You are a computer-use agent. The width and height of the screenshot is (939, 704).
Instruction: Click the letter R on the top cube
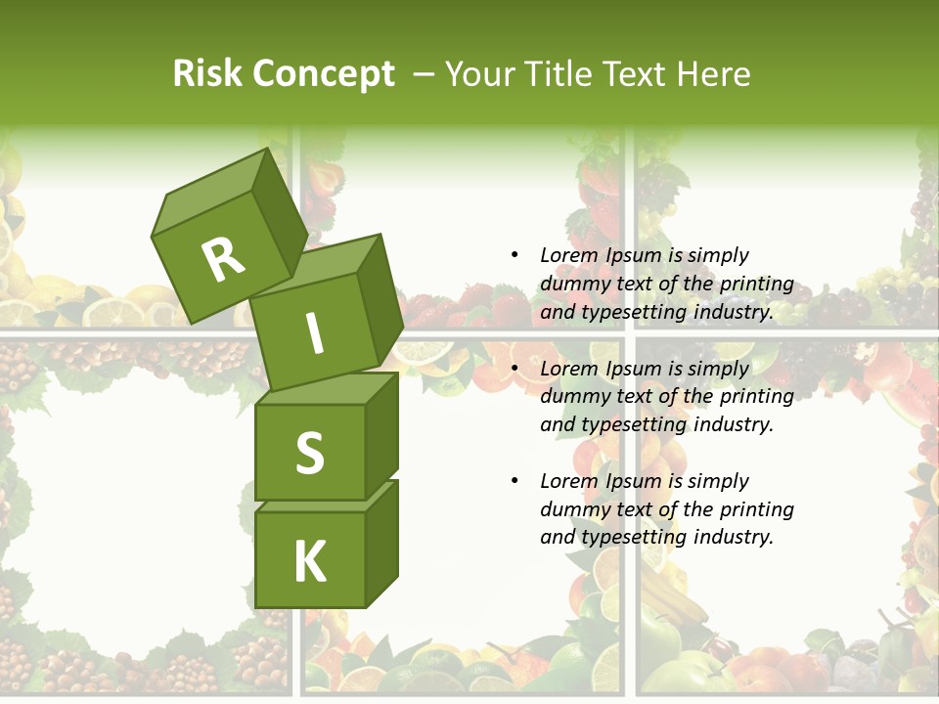pyautogui.click(x=223, y=260)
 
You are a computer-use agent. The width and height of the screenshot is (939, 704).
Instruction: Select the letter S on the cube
pyautogui.click(x=309, y=453)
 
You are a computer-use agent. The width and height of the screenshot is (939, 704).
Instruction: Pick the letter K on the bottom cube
pyautogui.click(x=309, y=561)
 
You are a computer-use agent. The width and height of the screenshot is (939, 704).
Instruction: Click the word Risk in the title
pyautogui.click(x=207, y=73)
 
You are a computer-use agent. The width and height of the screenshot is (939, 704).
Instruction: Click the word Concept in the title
pyautogui.click(x=323, y=73)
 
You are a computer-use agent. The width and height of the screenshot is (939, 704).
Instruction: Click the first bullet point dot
pyautogui.click(x=514, y=255)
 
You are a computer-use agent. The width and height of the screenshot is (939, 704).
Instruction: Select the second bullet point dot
pyautogui.click(x=514, y=369)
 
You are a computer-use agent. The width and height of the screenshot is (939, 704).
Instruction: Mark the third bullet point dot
pyautogui.click(x=514, y=481)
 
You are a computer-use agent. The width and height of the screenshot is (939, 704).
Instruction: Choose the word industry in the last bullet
pyautogui.click(x=733, y=537)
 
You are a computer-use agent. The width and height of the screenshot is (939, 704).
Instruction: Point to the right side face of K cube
pyautogui.click(x=381, y=543)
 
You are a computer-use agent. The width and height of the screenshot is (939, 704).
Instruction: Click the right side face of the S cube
pyautogui.click(x=381, y=435)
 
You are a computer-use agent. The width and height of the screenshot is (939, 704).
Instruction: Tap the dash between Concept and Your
pyautogui.click(x=424, y=73)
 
